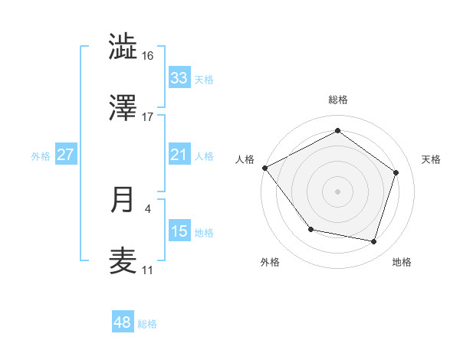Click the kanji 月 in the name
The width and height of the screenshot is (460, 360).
(123, 200)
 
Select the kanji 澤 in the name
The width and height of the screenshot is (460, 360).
(123, 108)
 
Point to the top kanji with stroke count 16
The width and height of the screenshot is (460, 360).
(123, 47)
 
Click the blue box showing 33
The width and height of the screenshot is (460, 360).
(179, 78)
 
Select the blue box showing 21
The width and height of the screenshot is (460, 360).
(179, 155)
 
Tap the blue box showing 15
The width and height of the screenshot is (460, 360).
(179, 231)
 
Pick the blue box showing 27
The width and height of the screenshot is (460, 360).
(66, 155)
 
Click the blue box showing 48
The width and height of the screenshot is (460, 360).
(123, 322)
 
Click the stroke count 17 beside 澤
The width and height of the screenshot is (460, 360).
(148, 117)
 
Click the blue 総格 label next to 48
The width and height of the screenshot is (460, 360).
(147, 324)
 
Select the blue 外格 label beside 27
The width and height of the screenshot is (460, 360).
(41, 156)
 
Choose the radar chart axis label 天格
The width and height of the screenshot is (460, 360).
(432, 159)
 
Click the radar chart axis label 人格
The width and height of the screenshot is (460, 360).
(245, 159)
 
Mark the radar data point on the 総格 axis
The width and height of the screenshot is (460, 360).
(337, 131)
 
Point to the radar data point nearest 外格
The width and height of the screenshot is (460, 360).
(310, 229)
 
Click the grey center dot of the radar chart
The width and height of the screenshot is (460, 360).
(337, 191)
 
